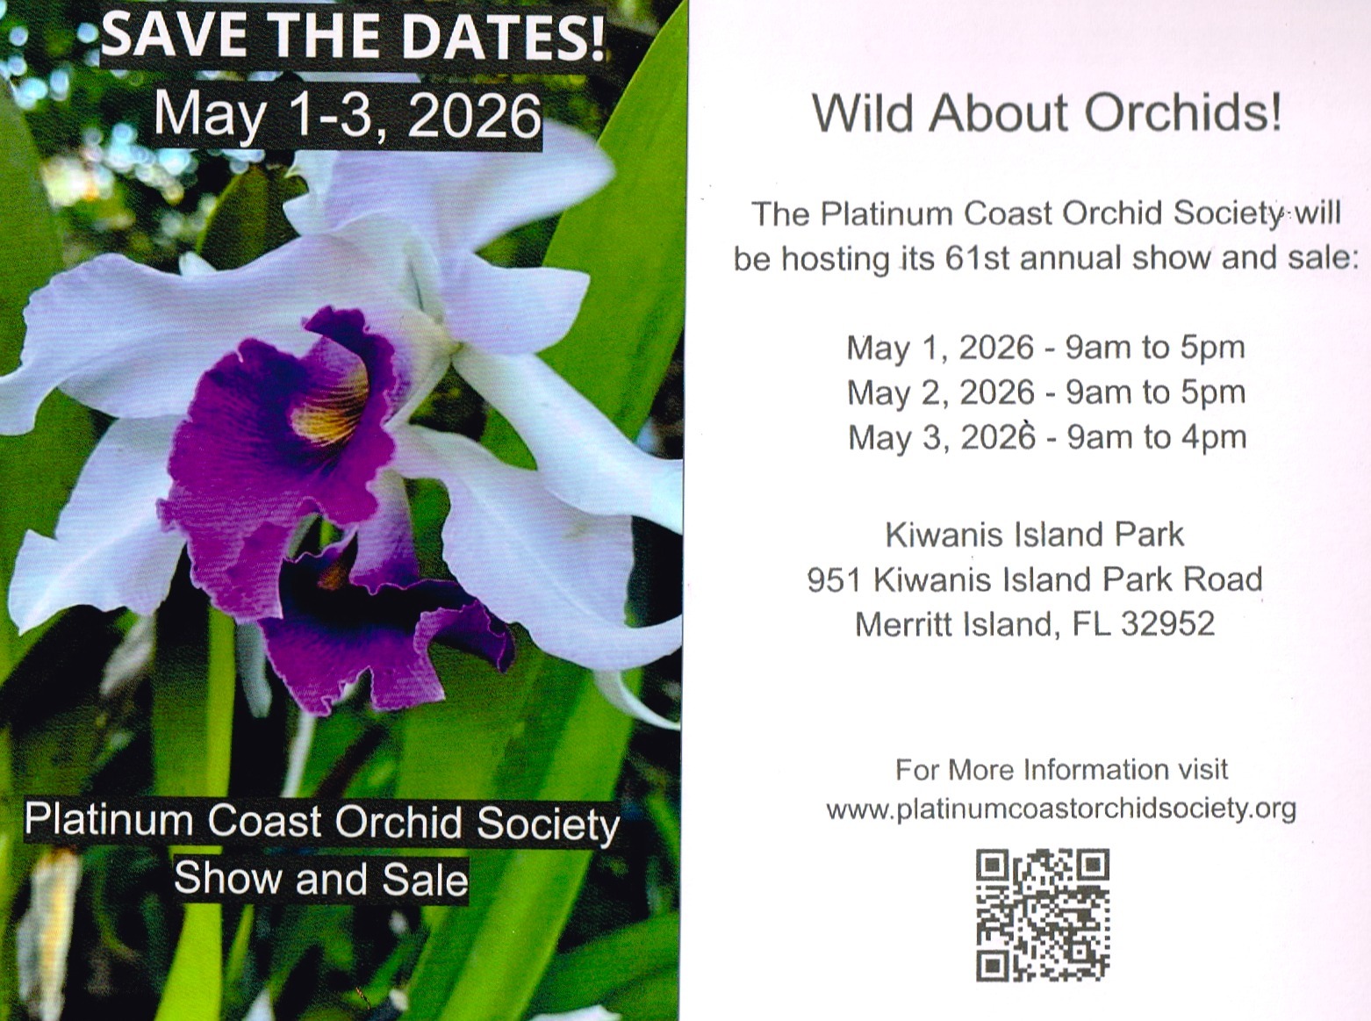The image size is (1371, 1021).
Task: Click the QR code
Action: (1043, 916)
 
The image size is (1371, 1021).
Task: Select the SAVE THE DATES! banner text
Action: (352, 37)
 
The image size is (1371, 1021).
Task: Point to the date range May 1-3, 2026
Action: (348, 115)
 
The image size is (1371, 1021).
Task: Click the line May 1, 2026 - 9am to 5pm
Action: (1045, 349)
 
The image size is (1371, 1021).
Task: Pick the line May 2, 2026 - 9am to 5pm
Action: (1046, 393)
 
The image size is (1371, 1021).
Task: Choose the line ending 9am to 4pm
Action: (1047, 438)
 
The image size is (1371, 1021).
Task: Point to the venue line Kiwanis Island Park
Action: (1035, 535)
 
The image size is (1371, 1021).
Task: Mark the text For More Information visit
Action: (1061, 770)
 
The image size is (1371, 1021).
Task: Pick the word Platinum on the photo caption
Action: (109, 821)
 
